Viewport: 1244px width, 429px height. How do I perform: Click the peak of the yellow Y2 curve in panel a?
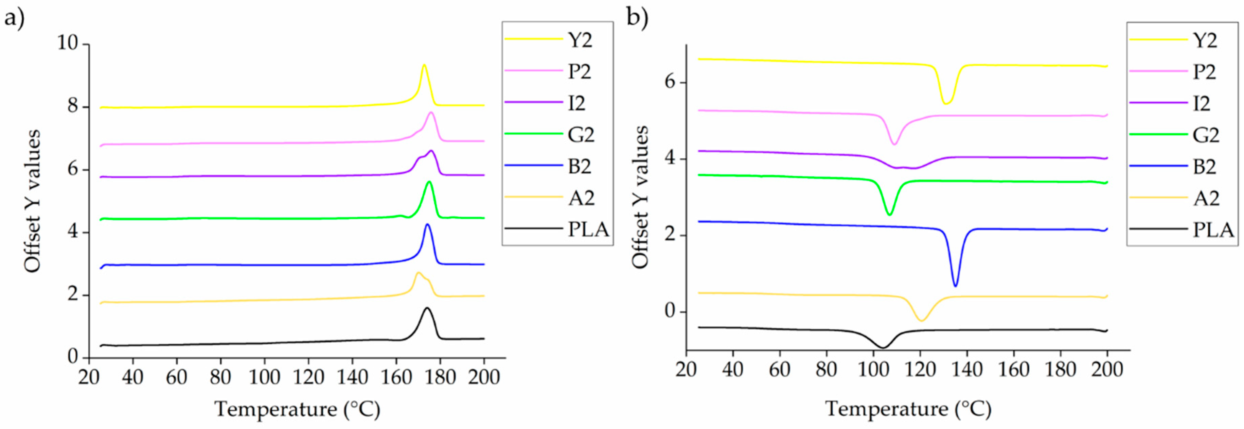click(424, 65)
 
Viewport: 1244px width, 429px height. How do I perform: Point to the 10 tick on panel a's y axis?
click(68, 44)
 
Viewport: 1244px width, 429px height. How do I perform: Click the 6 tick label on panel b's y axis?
click(669, 82)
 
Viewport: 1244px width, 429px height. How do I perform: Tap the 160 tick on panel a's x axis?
click(396, 377)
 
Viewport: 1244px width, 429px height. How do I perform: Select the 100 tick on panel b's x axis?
click(872, 370)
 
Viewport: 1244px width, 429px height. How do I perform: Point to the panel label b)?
click(637, 18)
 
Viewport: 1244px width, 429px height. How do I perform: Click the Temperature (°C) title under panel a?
click(297, 409)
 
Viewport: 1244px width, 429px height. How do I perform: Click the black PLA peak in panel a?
click(427, 308)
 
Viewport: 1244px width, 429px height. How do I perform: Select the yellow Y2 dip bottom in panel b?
click(946, 103)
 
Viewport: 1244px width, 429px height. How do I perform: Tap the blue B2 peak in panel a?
click(427, 224)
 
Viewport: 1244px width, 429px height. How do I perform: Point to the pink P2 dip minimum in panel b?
click(894, 144)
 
